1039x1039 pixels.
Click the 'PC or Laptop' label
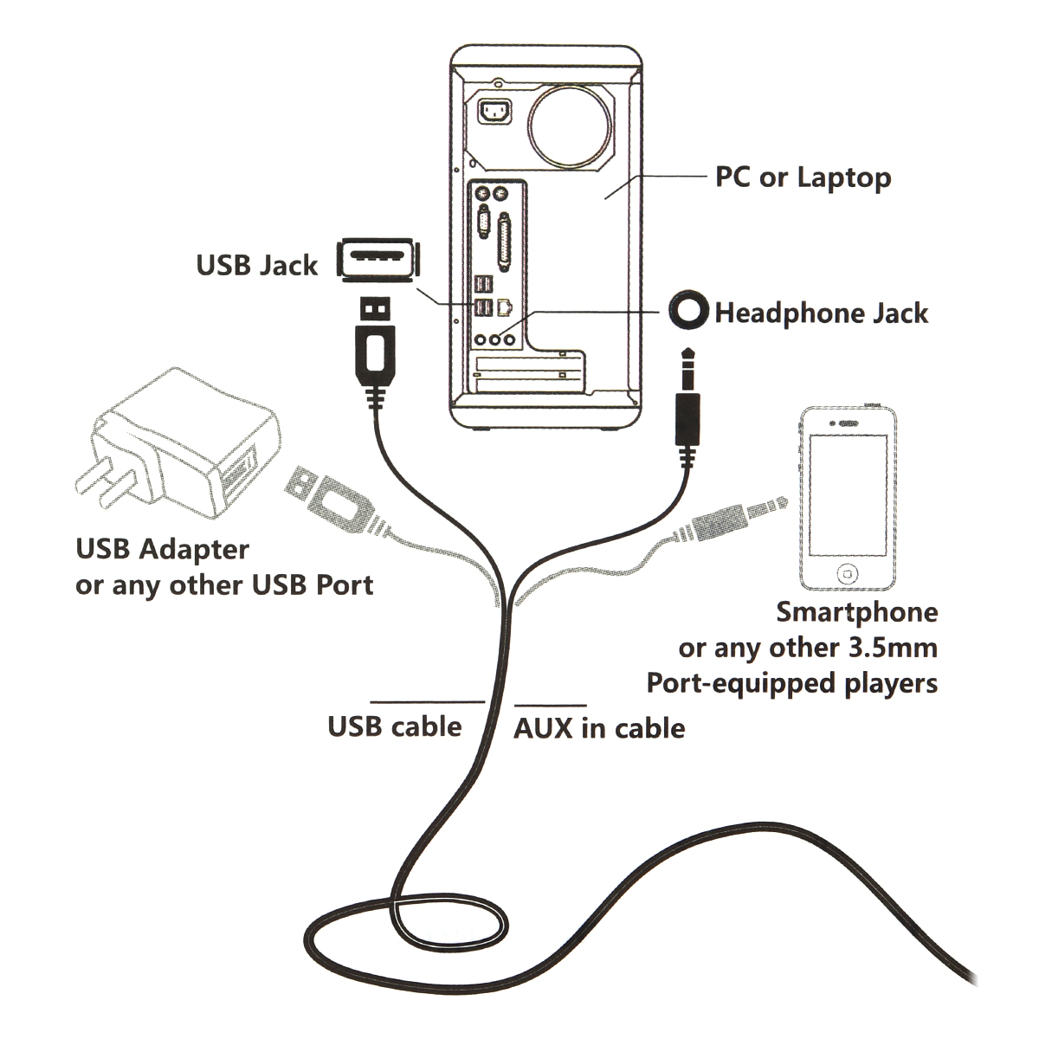point(803,177)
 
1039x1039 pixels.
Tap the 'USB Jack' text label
point(256,265)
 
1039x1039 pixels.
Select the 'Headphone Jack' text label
point(821,313)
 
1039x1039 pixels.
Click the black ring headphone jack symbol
point(688,310)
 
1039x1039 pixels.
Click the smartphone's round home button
point(847,573)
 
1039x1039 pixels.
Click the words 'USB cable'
point(394,726)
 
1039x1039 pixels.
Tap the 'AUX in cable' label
point(599,728)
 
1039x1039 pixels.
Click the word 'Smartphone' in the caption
point(856,612)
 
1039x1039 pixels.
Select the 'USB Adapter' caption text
point(163,549)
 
